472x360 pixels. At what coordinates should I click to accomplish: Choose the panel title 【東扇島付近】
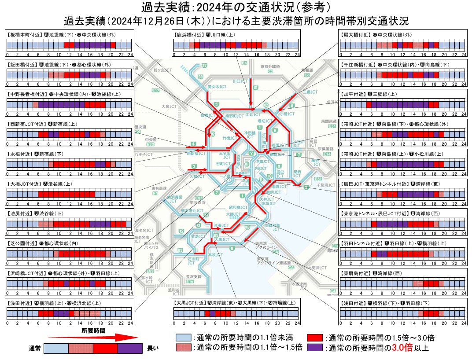pos(356,273)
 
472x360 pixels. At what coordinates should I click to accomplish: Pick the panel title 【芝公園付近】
pos(22,243)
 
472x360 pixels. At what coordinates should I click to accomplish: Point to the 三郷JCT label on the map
pos(310,92)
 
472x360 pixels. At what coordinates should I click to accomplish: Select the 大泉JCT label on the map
pos(169,107)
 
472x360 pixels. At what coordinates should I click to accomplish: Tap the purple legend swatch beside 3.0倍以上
pos(314,348)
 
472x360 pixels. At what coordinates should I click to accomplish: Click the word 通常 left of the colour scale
pos(35,349)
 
